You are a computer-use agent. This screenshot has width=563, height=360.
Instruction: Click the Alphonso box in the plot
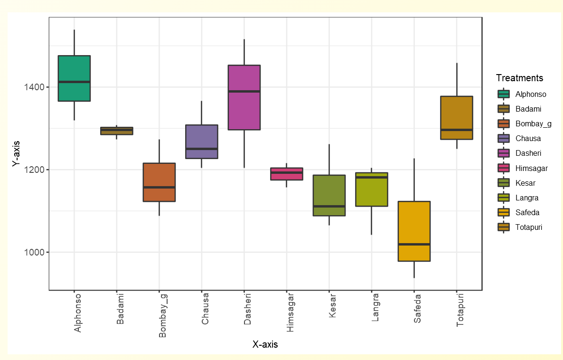[x=74, y=78]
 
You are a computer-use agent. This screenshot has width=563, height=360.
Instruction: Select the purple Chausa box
[x=201, y=142]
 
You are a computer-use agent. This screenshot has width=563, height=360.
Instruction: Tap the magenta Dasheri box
[x=244, y=97]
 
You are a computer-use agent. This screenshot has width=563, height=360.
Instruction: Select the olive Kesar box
[x=329, y=195]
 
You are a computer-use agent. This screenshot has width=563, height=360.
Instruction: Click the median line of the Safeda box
[x=414, y=244]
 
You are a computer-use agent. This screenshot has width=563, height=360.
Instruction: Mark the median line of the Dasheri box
[x=244, y=91]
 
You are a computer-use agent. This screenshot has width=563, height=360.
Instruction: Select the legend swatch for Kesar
[x=503, y=183]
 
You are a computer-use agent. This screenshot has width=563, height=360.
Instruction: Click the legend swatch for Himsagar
[x=503, y=168]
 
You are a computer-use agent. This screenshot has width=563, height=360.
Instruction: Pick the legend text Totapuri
[x=529, y=227]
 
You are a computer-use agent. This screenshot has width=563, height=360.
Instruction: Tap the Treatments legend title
[x=519, y=78]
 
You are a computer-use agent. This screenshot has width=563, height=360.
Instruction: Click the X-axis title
[x=265, y=345]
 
